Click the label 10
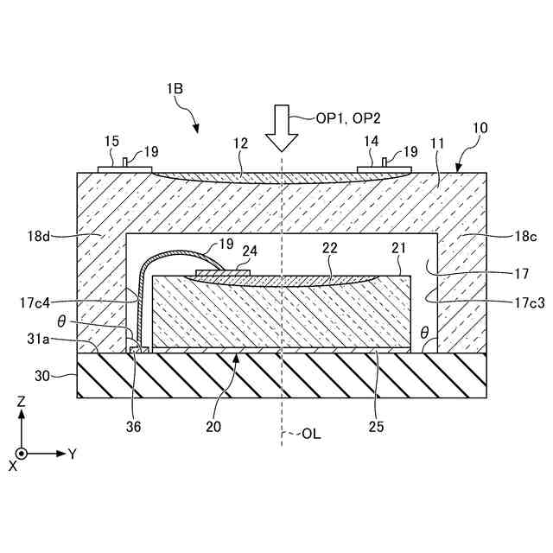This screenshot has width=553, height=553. click(x=480, y=128)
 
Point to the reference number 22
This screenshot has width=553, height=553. click(x=329, y=247)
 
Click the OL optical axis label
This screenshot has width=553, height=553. click(x=311, y=434)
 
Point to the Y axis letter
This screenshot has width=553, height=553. click(x=73, y=454)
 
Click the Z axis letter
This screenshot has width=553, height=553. click(x=22, y=402)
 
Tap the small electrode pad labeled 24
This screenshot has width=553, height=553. click(x=223, y=272)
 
